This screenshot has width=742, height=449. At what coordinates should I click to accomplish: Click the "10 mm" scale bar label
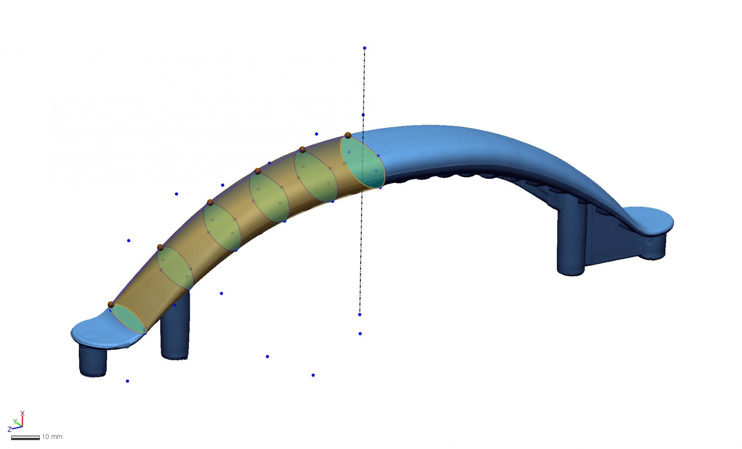tap(52, 437)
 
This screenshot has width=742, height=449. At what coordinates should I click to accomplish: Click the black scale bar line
tap(25, 438)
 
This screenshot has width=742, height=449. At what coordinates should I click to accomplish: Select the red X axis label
tap(23, 413)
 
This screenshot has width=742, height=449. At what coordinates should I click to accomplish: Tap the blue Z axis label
tap(10, 429)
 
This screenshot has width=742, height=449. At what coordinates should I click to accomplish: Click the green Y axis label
tap(15, 421)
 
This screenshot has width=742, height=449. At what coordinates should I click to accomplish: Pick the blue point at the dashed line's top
tap(364, 48)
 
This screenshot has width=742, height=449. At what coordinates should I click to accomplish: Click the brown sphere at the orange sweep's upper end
tap(348, 135)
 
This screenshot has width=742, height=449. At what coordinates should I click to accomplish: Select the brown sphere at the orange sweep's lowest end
tap(111, 304)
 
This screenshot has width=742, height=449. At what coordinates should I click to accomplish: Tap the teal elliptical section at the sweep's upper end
tap(362, 162)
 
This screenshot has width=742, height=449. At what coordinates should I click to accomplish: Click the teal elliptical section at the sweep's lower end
tap(128, 318)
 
